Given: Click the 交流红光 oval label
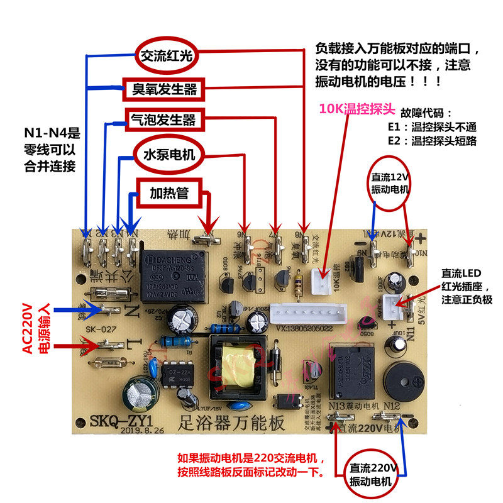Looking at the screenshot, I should [167, 57].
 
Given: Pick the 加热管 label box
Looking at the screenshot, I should [169, 192].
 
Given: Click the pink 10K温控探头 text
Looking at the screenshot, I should [357, 109].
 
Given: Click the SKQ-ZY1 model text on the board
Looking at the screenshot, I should [119, 421].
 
